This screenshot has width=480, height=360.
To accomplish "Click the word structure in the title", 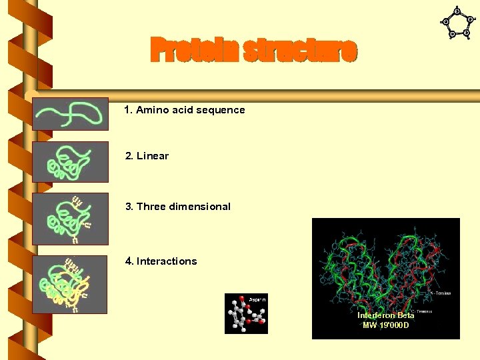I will (x=300, y=51).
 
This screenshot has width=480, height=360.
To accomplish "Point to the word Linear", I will (x=153, y=156).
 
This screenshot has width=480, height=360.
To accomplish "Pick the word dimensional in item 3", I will (x=201, y=207).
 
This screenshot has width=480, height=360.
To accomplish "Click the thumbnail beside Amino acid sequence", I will (x=70, y=114).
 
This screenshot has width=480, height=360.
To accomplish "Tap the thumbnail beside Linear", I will (x=70, y=161).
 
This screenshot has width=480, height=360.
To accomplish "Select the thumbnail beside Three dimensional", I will (x=70, y=218).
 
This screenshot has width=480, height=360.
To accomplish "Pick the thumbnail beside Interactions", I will (x=70, y=284).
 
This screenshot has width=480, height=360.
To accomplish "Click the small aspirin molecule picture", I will (x=246, y=313).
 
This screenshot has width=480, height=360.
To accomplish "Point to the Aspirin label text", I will (x=257, y=299).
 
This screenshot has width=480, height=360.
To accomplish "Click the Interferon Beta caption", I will (x=385, y=315).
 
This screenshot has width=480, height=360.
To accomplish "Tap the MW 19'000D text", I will (x=385, y=325).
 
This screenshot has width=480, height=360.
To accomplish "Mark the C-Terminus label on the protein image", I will (x=421, y=311).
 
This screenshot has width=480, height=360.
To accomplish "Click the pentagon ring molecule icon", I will (x=457, y=23).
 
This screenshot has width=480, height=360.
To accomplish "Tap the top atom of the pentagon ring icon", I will (x=457, y=11).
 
